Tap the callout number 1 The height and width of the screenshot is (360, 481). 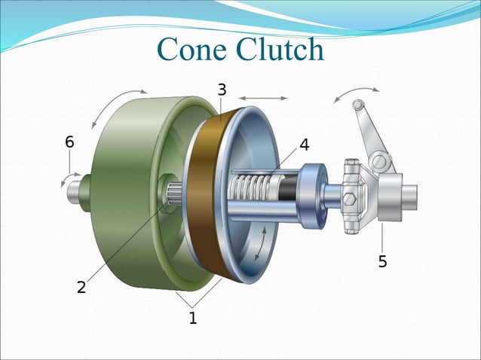click(x=192, y=318)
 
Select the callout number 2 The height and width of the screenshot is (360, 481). click(x=81, y=287)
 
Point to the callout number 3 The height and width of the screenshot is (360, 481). click(x=222, y=90)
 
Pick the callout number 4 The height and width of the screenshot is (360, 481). click(x=304, y=145)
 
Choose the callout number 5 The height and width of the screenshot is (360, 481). click(x=383, y=262)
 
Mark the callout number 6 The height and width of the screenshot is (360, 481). click(x=69, y=142)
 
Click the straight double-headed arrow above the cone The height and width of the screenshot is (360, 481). click(x=262, y=97)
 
